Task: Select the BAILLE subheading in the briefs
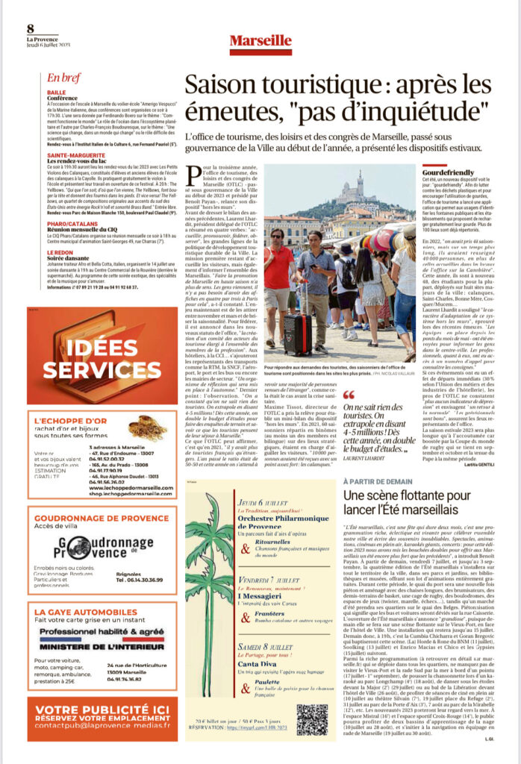point(56,93)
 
